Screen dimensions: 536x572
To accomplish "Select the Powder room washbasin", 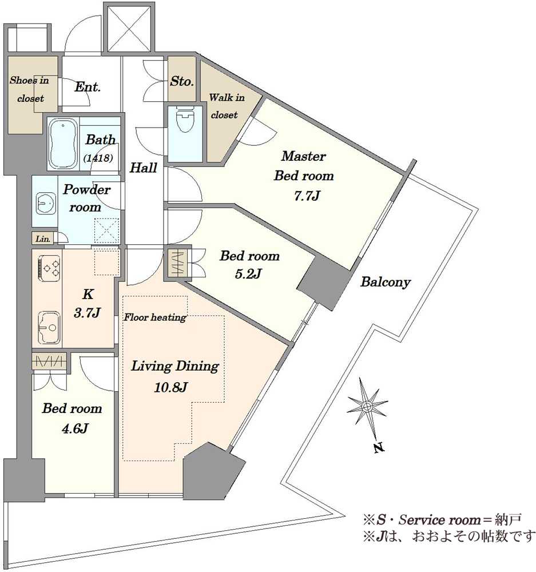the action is [46, 203].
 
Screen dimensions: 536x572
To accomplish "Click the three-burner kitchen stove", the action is [48, 268].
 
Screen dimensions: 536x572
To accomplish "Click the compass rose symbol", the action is [367, 406].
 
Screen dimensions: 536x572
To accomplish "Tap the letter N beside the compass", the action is [379, 448].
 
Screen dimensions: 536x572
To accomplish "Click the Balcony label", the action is [386, 282].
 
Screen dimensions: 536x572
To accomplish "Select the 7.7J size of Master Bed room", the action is [307, 196].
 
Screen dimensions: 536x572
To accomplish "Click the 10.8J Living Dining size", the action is [171, 387].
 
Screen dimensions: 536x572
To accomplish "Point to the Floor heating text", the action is [154, 317].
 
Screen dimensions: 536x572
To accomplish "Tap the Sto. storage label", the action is [182, 81].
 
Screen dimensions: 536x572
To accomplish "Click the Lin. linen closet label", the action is [43, 239].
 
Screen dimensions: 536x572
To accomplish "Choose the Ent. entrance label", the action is [87, 87].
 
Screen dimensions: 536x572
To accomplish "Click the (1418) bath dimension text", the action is [98, 158].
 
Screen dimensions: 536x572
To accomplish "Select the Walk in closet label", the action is [226, 106].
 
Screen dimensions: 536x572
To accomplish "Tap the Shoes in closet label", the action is [30, 89].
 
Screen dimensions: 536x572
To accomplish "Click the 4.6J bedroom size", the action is [75, 428].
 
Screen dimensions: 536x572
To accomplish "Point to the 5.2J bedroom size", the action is [248, 273].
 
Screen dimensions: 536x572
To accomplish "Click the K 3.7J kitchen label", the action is [87, 304].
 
